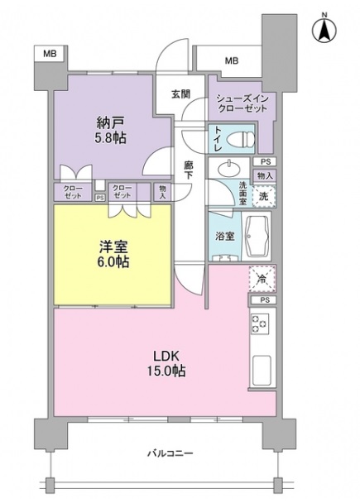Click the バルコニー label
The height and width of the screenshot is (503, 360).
(x=170, y=454)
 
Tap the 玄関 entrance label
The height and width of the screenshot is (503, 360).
(x=181, y=93)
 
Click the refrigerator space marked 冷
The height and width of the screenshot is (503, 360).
(x=262, y=280)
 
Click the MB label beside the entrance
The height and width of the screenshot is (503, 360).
(x=231, y=60)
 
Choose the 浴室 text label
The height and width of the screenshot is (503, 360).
(x=224, y=236)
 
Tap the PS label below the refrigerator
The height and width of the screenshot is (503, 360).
(x=264, y=299)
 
